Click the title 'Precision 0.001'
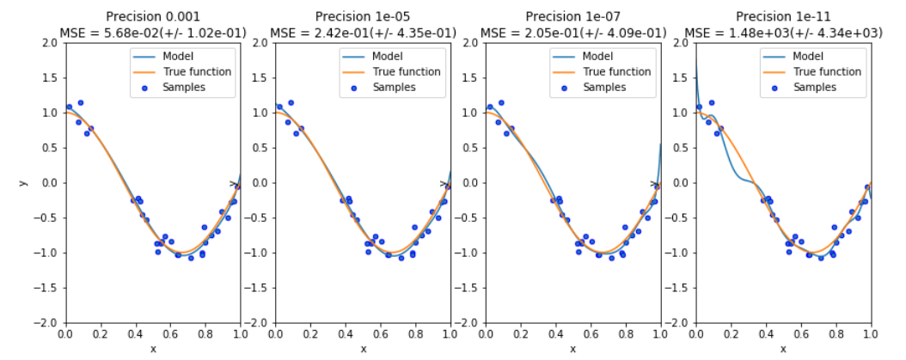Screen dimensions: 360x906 tap(152, 17)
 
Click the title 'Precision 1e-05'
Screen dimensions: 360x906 tap(362, 17)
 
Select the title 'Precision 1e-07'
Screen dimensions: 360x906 tap(572, 17)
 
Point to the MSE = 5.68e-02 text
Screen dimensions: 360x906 tap(152, 33)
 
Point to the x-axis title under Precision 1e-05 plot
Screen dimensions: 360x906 tap(363, 349)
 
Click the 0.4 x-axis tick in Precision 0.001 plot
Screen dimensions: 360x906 tap(135, 334)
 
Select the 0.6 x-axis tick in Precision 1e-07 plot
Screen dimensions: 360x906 tap(591, 334)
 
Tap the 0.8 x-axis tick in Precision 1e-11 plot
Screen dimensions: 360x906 tap(836, 334)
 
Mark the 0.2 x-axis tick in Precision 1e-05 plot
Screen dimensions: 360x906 tap(310, 334)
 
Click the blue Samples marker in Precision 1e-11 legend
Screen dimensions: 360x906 tap(774, 88)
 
